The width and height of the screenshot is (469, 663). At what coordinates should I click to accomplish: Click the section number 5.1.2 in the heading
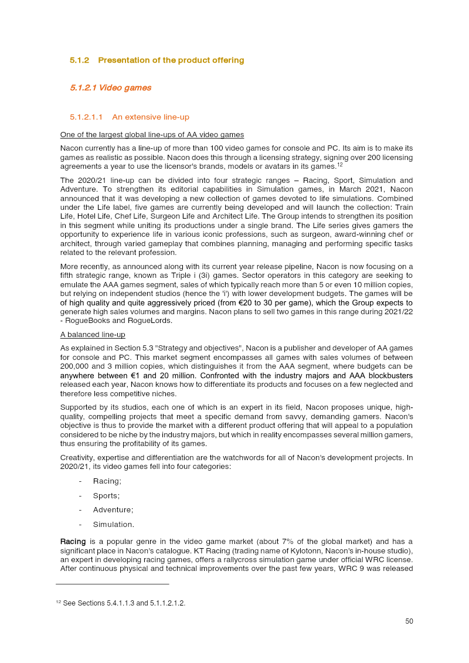tap(79, 60)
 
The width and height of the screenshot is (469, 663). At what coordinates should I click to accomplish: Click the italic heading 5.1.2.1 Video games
tap(110, 88)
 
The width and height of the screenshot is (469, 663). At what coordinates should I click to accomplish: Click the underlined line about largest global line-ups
tap(152, 135)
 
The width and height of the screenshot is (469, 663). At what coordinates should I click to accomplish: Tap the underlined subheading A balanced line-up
tap(93, 335)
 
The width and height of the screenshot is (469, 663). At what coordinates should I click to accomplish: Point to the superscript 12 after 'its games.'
tap(339, 164)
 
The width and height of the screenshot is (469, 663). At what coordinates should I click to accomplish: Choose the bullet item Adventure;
tap(113, 510)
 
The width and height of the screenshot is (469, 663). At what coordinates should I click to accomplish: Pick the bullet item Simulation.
tap(113, 525)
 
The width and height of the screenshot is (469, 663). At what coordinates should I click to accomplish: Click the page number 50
tap(409, 621)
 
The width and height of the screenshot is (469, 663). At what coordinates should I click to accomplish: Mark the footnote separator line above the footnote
tap(112, 584)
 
